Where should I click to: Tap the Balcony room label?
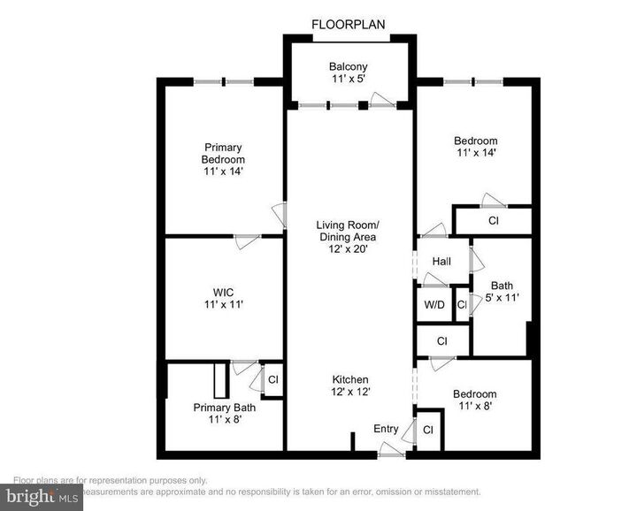point(349,66)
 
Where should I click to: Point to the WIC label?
point(223,292)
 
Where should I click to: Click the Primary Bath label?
point(225,408)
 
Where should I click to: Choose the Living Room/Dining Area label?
point(348,230)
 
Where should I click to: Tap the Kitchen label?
point(350,379)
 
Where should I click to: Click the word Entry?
point(386,429)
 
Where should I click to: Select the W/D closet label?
point(434,305)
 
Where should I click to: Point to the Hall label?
point(442,262)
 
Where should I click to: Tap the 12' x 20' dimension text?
point(348,249)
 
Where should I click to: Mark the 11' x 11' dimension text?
point(223,304)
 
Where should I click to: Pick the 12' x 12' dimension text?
point(350,392)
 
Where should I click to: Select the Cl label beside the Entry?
point(428,431)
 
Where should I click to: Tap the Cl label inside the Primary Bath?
point(273,379)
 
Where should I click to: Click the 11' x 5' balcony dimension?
point(349,80)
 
